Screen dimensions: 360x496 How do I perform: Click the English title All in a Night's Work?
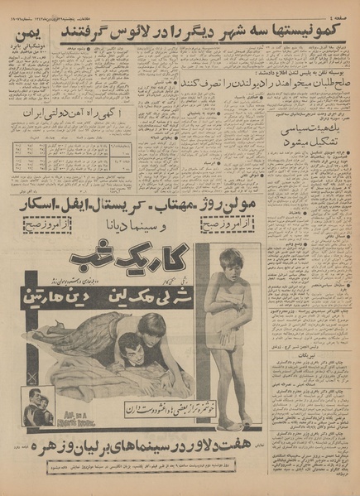coord(76,409)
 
